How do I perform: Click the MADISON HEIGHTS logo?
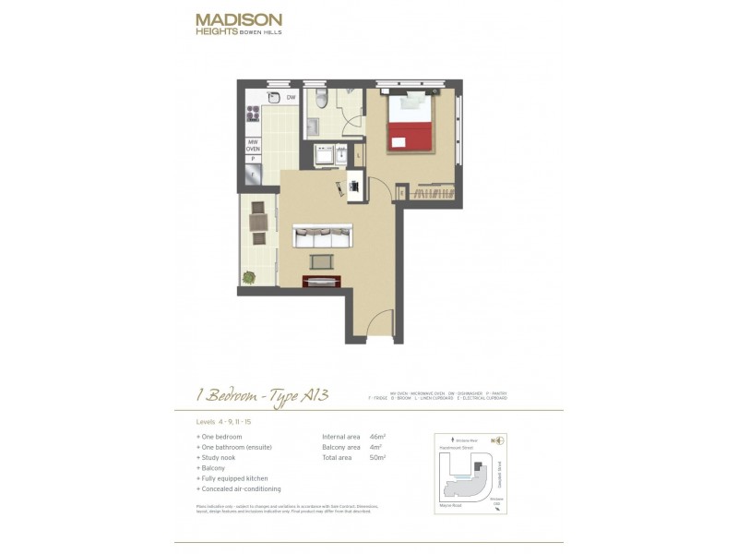pyautogui.click(x=238, y=23)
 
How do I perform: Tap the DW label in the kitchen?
pyautogui.click(x=290, y=97)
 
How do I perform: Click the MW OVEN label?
pyautogui.click(x=252, y=145)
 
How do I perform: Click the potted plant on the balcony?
pyautogui.click(x=248, y=276)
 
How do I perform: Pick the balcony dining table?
pyautogui.click(x=257, y=222)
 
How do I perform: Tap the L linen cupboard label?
pyautogui.click(x=357, y=155)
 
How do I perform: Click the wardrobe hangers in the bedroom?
pyautogui.click(x=431, y=193)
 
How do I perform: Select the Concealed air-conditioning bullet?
pyautogui.click(x=241, y=488)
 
